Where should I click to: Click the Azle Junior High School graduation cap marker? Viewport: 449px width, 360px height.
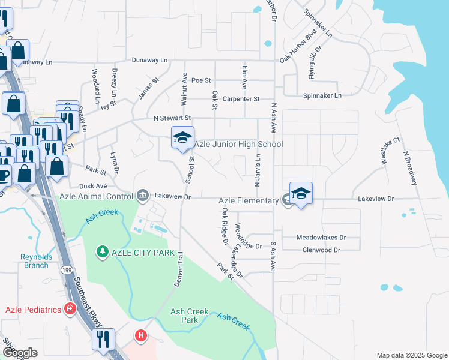182,139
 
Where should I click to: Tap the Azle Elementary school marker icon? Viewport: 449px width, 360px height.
301,194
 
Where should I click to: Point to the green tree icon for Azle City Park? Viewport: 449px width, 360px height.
103,250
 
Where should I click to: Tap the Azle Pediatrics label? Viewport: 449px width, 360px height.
34,310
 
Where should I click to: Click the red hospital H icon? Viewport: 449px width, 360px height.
140,335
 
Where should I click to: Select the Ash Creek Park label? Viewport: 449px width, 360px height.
189,316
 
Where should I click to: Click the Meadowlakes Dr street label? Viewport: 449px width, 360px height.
321,238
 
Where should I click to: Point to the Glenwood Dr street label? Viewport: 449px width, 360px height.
321,250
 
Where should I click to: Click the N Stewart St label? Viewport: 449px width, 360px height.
172,118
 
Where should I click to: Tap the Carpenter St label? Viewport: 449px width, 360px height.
240,99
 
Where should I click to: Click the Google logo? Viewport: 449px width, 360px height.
20,353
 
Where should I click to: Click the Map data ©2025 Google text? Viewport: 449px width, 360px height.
411,355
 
